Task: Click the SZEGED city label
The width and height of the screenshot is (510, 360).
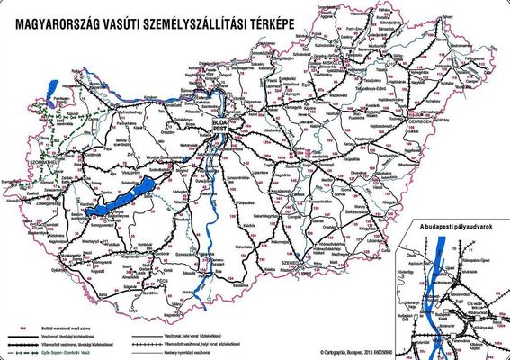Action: coord(291,265)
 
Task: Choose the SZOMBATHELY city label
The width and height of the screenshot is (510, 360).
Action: coord(16,166)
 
